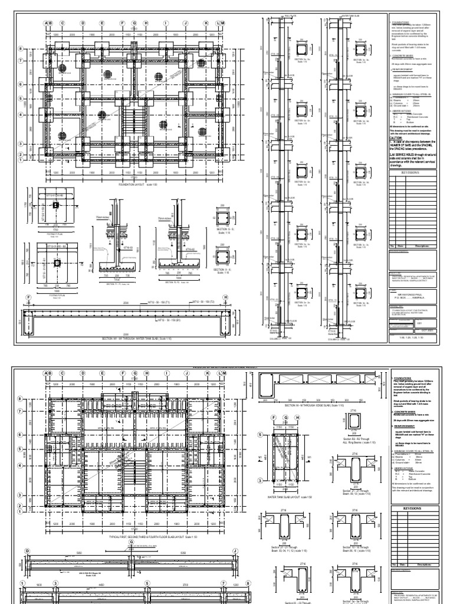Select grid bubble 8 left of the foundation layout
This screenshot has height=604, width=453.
[x=37, y=49]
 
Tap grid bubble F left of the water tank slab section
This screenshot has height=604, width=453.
[x=28, y=297]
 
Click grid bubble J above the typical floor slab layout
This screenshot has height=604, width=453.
[x=186, y=373]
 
